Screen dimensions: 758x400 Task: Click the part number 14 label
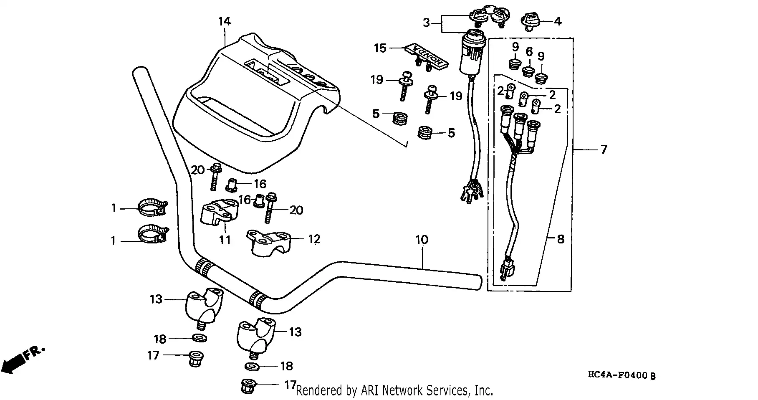[225, 21]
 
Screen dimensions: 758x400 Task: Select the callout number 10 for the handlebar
[422, 240]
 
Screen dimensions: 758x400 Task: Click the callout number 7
[604, 149]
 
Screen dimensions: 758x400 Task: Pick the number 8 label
[561, 239]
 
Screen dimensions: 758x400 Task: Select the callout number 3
[426, 23]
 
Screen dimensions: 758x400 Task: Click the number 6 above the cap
[529, 52]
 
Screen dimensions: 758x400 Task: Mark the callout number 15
[380, 48]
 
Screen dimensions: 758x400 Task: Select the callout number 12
[314, 239]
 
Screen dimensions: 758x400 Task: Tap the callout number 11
[225, 240]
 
